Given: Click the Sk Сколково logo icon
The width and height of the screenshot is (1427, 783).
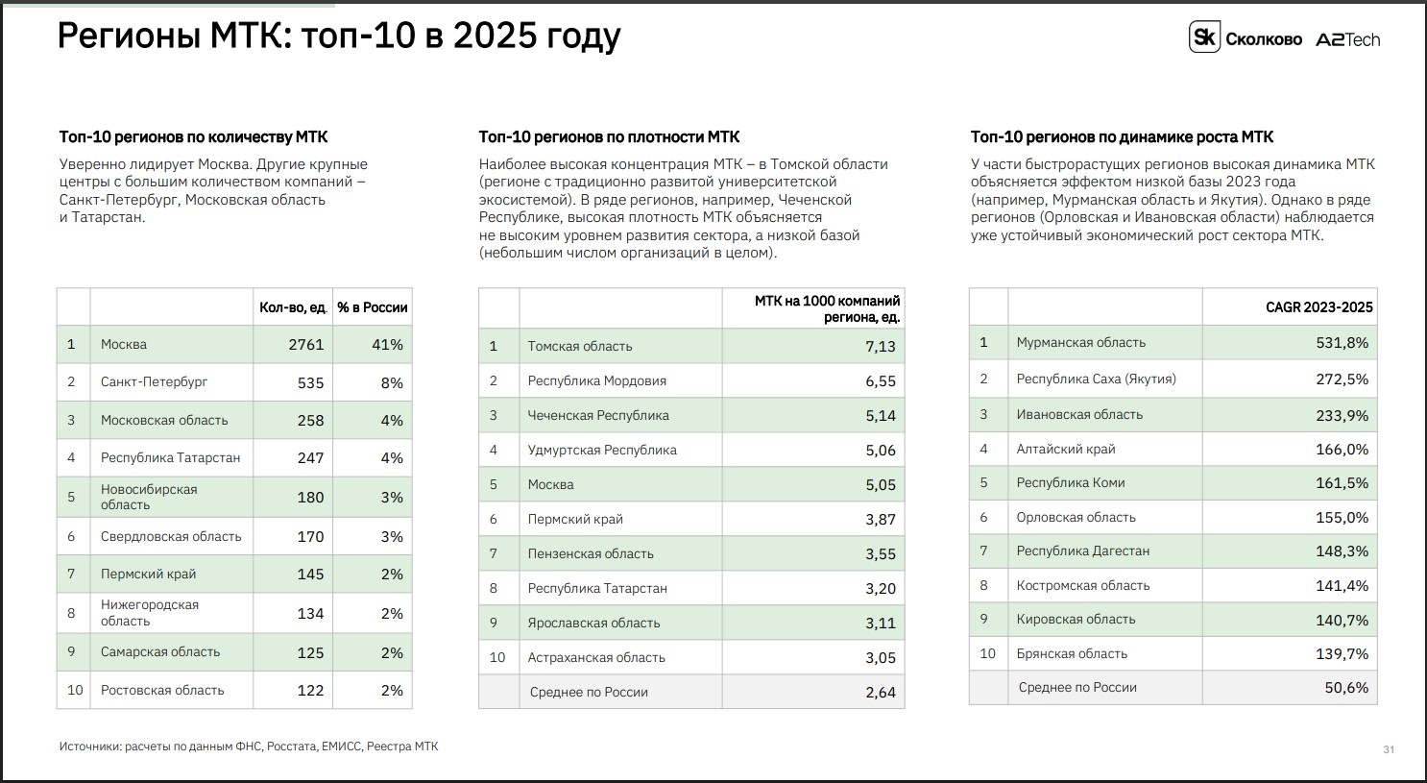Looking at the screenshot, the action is click(1204, 37).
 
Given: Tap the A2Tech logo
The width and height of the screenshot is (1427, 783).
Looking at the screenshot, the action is click(1348, 39).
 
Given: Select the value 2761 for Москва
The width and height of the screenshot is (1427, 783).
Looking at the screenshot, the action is click(305, 345).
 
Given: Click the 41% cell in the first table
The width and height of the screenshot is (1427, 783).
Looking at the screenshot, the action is click(387, 345).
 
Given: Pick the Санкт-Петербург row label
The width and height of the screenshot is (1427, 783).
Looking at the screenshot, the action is click(155, 381).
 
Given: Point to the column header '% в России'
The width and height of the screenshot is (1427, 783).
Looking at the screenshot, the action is click(372, 307).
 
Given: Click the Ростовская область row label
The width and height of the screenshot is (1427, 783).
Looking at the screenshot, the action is click(162, 690).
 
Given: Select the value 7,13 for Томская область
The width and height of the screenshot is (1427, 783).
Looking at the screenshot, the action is click(881, 347).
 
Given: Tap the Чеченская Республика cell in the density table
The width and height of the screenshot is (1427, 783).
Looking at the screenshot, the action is click(598, 415).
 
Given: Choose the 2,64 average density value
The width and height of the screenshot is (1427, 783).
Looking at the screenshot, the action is click(881, 693).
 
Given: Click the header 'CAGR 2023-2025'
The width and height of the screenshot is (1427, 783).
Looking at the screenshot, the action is click(1318, 307).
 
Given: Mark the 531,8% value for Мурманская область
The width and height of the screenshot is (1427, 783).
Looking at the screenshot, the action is click(1342, 343).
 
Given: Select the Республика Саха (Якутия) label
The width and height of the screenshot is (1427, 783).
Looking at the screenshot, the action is click(1097, 379).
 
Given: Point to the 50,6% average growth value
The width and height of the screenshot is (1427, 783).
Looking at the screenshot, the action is click(1346, 688).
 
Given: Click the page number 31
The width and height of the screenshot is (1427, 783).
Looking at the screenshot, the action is click(1389, 750).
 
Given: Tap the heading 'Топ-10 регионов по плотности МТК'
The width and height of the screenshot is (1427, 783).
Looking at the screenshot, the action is click(609, 137).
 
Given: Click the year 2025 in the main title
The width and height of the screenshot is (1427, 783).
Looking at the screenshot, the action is click(496, 36).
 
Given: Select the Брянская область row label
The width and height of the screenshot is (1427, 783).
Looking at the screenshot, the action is click(1072, 653).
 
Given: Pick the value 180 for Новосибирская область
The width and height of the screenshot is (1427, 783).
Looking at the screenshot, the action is click(310, 497).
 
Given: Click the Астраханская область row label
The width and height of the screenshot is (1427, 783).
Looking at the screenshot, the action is click(596, 657).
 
